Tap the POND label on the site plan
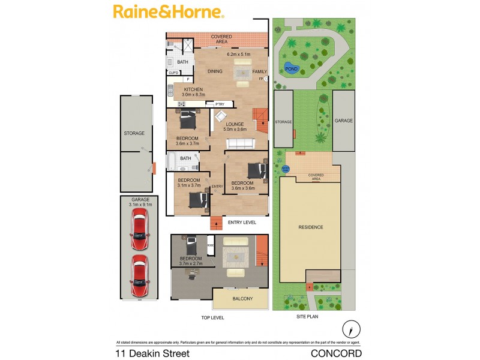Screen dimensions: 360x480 [291, 69]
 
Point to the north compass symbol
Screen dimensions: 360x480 [351, 329]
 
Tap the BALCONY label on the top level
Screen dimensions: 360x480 [239, 299]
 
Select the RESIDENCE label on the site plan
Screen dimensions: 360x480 [311, 227]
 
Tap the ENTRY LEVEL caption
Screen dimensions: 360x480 [242, 223]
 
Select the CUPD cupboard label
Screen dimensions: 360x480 [173, 73]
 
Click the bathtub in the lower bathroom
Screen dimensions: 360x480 [170, 162]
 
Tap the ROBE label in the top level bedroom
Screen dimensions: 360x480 [211, 245]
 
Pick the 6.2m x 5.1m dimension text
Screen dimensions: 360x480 [238, 55]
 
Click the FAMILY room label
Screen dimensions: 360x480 [259, 71]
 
